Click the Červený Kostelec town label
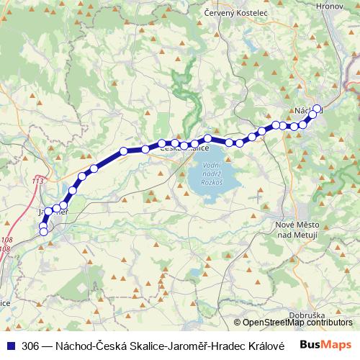tap(235, 13)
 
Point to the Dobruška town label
tap(308, 315)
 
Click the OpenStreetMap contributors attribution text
tap(297, 323)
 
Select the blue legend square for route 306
tap(11, 345)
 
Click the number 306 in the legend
tap(31, 345)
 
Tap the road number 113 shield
tap(37, 181)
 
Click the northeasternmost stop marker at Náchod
tap(317, 109)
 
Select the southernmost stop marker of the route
tap(43, 231)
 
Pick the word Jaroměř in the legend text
tap(192, 345)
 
